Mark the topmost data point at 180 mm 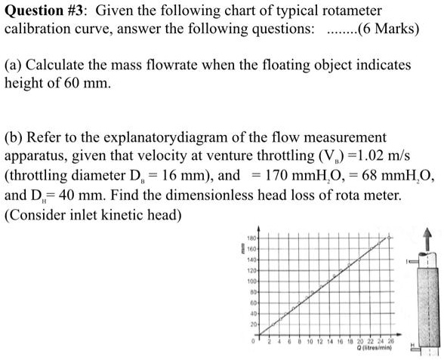pos(390,237)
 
